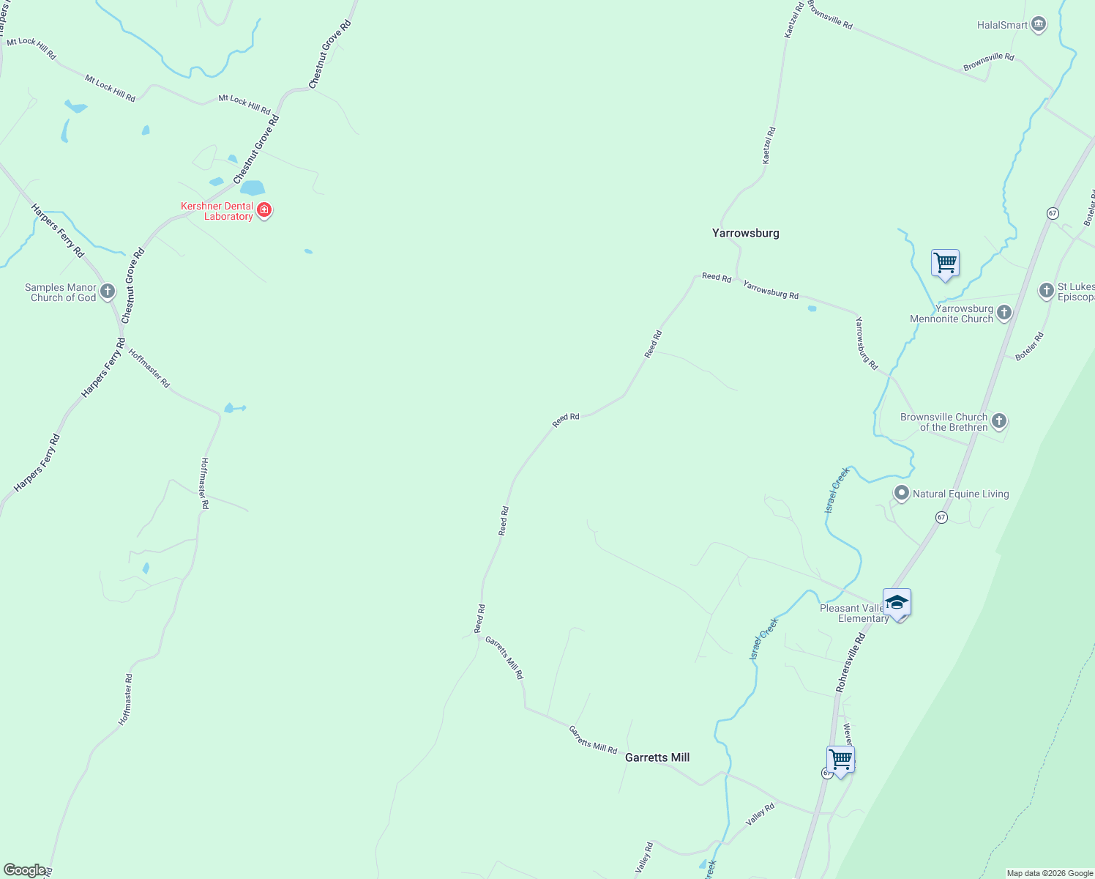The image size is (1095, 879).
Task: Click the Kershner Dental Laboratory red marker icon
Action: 264,211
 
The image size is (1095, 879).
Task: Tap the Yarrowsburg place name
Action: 745,233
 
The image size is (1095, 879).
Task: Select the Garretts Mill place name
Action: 657,757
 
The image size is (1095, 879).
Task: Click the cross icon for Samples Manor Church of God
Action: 108,292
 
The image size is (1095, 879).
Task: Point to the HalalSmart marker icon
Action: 1038,25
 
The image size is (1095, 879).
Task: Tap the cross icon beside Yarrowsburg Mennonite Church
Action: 1004,314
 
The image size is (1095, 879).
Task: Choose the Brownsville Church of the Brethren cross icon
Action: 999,421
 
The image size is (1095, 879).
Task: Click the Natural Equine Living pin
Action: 902,494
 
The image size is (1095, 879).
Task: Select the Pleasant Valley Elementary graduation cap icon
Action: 897,603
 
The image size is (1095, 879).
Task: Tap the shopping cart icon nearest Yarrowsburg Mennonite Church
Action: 945,263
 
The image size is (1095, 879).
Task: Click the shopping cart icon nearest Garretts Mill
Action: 840,760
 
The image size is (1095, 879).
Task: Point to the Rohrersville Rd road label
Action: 851,664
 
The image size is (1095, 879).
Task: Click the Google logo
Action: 24,870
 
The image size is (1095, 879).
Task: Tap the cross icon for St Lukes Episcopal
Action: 1046,291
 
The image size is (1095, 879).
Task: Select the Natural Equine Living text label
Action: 960,494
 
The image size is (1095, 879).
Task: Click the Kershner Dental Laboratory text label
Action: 217,211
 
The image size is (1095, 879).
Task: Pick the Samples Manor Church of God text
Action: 61,292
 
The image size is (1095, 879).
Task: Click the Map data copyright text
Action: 1050,873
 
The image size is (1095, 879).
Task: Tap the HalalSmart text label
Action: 1002,25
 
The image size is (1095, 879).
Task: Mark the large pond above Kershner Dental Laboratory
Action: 253,188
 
